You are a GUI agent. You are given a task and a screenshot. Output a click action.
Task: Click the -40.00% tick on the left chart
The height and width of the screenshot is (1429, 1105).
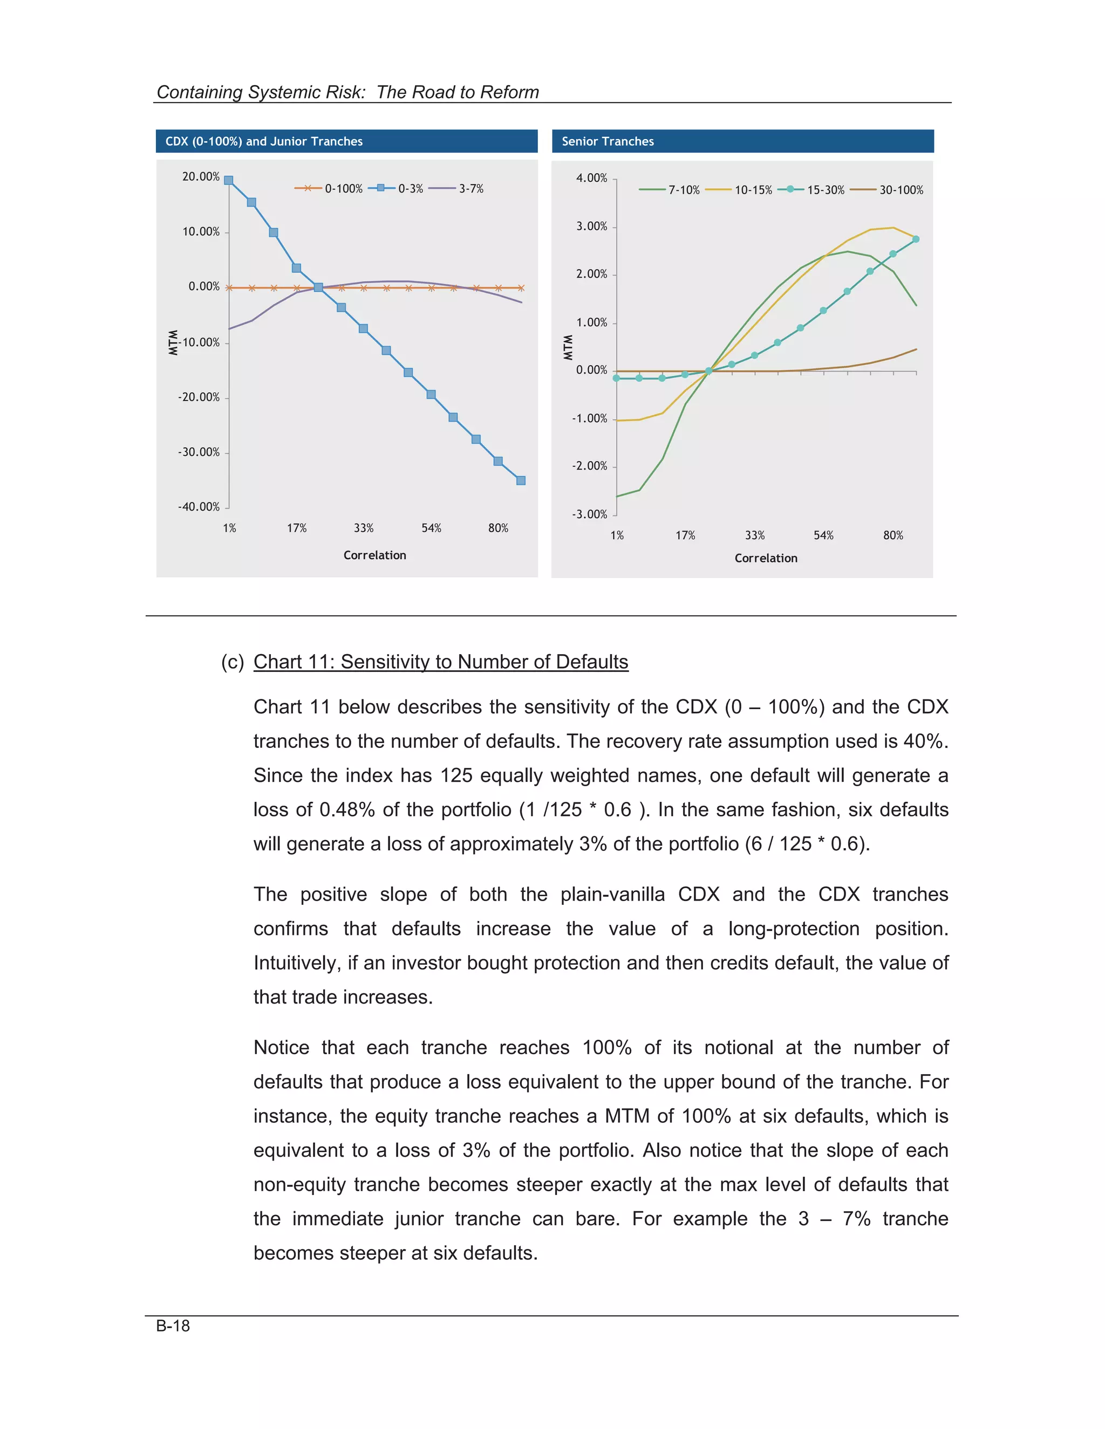(199, 507)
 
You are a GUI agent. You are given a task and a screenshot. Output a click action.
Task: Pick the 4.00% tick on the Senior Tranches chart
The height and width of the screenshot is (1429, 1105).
(591, 178)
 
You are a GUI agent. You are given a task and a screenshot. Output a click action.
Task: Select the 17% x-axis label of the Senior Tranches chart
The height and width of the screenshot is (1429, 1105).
(685, 535)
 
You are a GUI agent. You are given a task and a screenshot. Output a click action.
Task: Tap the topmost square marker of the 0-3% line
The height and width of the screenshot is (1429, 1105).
(228, 181)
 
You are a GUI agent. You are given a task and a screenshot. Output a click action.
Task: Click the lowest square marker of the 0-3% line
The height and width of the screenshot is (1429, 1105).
(521, 481)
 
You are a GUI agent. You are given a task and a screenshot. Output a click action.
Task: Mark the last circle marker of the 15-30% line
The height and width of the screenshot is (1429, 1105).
(915, 239)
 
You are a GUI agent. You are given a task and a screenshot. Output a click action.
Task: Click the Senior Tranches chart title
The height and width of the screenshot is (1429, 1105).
(608, 141)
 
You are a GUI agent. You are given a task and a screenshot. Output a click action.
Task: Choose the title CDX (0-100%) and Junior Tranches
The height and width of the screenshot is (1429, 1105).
(264, 141)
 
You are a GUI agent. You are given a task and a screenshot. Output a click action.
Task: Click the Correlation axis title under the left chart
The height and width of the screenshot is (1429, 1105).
(374, 555)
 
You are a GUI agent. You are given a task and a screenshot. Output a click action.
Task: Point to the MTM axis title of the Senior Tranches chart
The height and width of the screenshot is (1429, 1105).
(568, 347)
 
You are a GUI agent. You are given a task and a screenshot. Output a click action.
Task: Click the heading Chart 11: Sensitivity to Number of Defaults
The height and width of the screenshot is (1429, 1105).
(441, 662)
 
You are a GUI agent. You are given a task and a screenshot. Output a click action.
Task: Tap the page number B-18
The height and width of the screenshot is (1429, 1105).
(173, 1325)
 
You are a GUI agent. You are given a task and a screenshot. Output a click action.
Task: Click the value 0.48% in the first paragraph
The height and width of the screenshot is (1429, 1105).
(346, 809)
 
